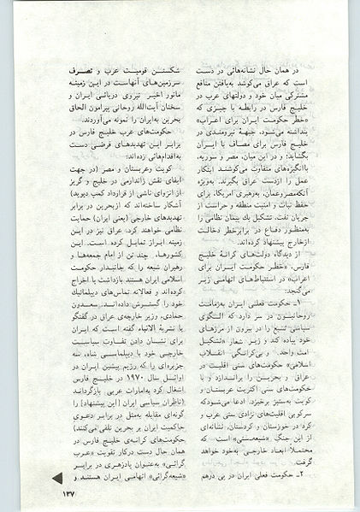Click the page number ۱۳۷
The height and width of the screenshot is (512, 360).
click(x=66, y=491)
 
